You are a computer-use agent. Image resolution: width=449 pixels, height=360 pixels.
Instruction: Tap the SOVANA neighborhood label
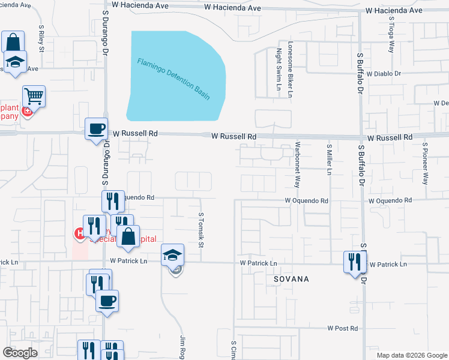click(x=291, y=279)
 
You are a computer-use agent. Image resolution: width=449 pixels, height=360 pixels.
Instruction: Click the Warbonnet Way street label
click(x=297, y=164)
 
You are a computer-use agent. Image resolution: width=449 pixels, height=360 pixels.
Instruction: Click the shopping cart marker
click(x=34, y=96)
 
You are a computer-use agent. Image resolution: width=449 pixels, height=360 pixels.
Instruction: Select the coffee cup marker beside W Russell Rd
click(x=96, y=128)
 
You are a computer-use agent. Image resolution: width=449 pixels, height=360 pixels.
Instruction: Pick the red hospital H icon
click(x=79, y=233)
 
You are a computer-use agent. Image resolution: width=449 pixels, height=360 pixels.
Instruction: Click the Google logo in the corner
click(x=20, y=353)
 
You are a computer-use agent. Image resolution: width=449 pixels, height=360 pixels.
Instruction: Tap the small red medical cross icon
click(x=26, y=111)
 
